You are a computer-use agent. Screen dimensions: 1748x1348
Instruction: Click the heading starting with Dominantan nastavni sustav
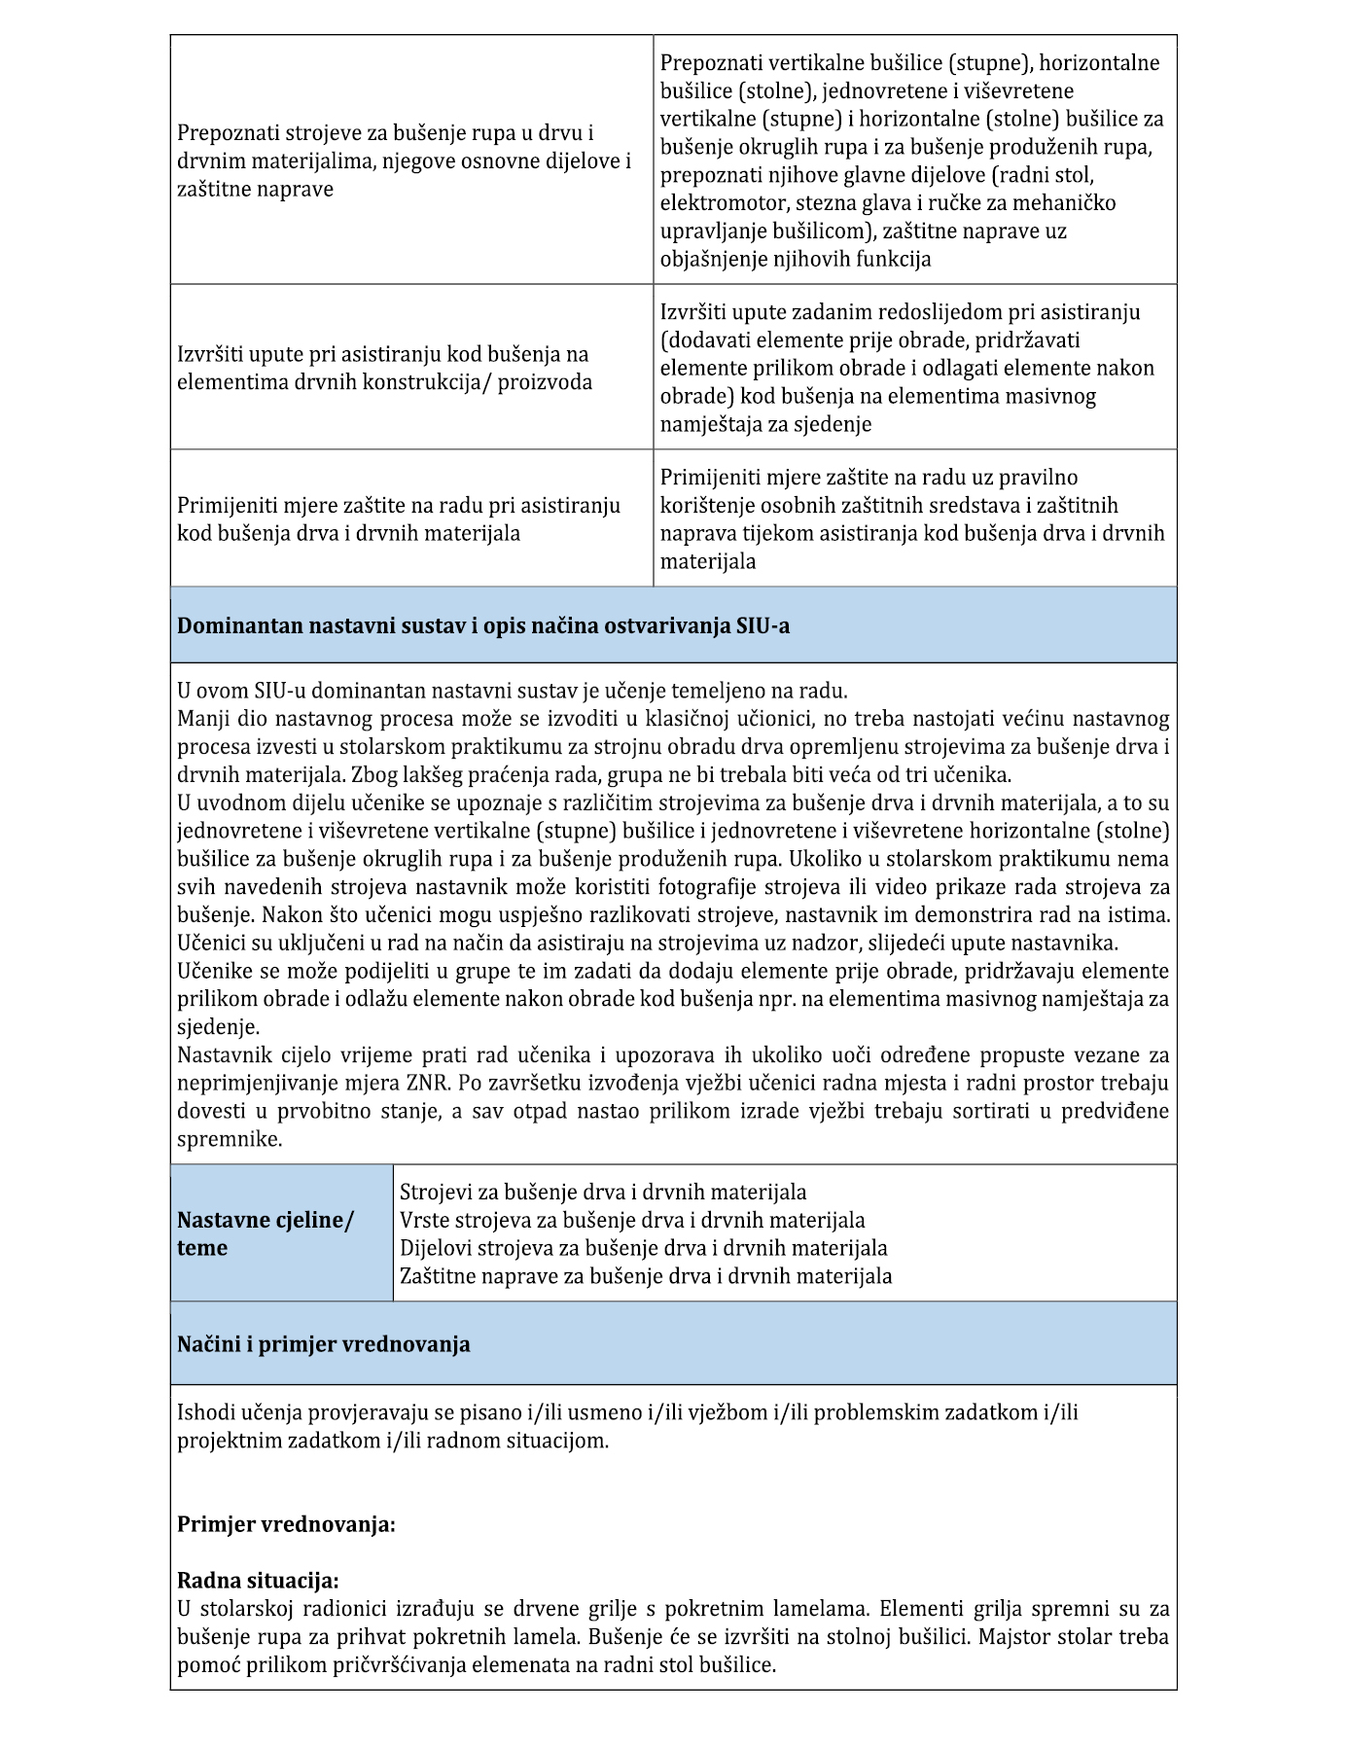pos(483,625)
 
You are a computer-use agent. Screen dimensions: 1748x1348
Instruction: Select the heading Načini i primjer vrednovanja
pos(323,1344)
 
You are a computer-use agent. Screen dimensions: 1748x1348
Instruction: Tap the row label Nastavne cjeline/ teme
pos(266,1233)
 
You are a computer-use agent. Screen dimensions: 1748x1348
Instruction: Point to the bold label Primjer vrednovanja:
pos(286,1524)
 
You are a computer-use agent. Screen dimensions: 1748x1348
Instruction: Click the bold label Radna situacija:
pos(258,1581)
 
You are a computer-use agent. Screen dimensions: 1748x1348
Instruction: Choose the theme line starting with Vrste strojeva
pos(632,1220)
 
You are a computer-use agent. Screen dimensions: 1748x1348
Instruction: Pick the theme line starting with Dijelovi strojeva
pos(643,1248)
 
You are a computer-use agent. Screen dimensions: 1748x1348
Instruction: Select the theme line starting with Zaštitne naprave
pos(646,1276)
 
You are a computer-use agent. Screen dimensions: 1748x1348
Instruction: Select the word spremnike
pos(230,1139)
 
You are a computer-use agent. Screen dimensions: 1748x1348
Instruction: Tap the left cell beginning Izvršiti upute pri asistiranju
pos(384,368)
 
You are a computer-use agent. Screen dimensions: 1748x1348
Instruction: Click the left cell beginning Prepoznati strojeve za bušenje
pos(404,161)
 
